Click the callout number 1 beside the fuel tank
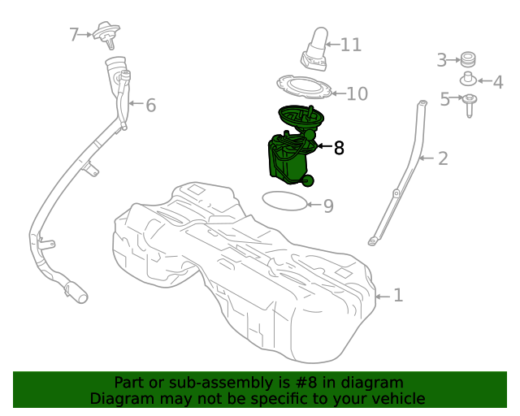pos(398,296)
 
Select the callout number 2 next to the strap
pos(443,158)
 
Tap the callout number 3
pos(442,59)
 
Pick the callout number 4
pos(497,82)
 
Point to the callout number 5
pos(445,99)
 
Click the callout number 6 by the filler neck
pos(150,105)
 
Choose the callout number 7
pos(74,35)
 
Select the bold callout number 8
pos(339,148)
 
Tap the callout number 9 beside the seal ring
pos(328,206)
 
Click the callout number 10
pos(357,94)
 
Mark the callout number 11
pos(351,44)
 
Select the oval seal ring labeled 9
pos(285,199)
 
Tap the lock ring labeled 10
pos(305,86)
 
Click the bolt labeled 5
pos(470,103)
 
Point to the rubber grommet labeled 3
pos(467,58)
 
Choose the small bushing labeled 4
pos(468,80)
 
